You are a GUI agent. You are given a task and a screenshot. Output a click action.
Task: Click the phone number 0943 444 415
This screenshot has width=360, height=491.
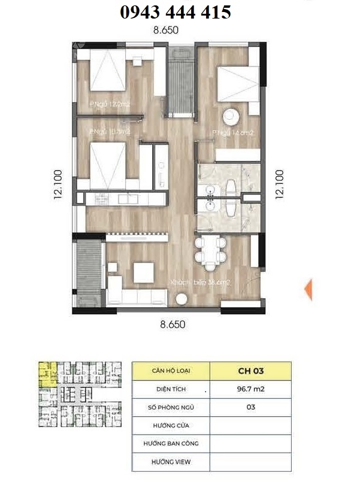pyautogui.click(x=176, y=11)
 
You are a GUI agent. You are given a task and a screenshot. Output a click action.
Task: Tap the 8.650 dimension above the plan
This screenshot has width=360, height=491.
pyautogui.click(x=167, y=29)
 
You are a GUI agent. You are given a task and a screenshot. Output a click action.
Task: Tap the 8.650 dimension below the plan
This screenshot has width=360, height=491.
pyautogui.click(x=172, y=325)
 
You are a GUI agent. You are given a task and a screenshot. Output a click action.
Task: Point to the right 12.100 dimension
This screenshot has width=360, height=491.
pyautogui.click(x=279, y=184)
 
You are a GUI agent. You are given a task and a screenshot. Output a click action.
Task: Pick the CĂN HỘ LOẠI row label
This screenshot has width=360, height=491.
pyautogui.click(x=171, y=371)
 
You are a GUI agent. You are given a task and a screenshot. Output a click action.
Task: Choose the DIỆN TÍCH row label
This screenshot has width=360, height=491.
pyautogui.click(x=171, y=389)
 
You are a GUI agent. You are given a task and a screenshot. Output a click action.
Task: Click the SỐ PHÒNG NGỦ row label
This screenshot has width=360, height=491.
pyautogui.click(x=171, y=407)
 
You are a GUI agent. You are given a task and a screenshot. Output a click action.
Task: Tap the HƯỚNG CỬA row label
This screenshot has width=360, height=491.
pyautogui.click(x=171, y=426)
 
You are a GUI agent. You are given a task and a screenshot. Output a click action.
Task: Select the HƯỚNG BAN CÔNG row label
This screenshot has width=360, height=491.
pyautogui.click(x=171, y=444)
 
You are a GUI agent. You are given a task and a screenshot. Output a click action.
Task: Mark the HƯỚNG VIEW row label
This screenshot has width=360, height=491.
pyautogui.click(x=171, y=462)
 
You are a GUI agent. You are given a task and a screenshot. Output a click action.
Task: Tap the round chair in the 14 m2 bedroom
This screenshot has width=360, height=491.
pyautogui.click(x=231, y=115)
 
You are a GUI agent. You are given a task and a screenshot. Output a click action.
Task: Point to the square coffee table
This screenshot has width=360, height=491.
pyautogui.click(x=144, y=274)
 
